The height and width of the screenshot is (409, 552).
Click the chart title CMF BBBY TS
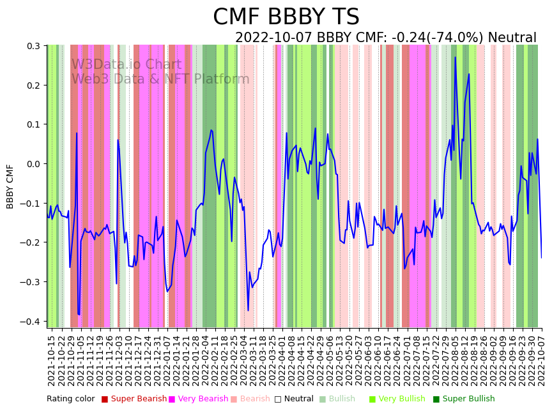(286, 17)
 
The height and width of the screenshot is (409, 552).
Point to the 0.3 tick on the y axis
(33, 46)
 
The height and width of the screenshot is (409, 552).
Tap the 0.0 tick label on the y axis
(33, 164)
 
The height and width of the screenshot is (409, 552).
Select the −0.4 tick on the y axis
(30, 321)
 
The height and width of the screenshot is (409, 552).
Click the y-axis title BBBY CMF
(10, 186)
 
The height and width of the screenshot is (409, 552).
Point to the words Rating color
(70, 399)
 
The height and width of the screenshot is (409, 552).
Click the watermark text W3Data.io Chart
(126, 64)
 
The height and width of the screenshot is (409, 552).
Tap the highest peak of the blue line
(456, 57)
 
